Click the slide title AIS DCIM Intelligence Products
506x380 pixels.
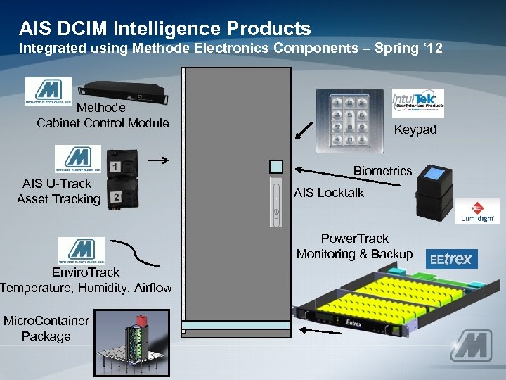(165, 28)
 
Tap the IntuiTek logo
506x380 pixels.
(417, 103)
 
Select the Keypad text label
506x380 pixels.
(415, 129)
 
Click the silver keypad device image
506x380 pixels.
(349, 118)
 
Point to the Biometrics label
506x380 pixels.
(382, 171)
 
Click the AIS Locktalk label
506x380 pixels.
(329, 192)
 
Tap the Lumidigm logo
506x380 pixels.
(478, 212)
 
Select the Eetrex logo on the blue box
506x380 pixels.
(452, 259)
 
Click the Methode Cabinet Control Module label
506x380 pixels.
(103, 115)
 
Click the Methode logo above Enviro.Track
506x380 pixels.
(82, 251)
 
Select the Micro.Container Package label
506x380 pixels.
(46, 329)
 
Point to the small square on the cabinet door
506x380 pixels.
(276, 166)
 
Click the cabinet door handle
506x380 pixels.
(276, 204)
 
